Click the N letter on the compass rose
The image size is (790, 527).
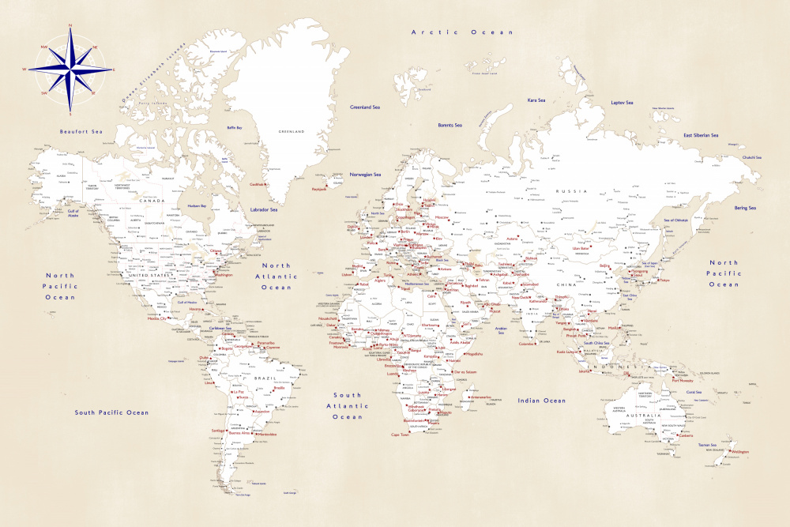(70, 26)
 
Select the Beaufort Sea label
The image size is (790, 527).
(82, 131)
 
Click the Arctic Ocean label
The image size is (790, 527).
(462, 32)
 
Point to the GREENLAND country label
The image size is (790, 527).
(290, 132)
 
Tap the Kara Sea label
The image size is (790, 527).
(536, 100)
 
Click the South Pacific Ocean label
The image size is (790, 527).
(111, 412)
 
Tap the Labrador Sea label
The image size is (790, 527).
(264, 210)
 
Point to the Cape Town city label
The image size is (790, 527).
(401, 435)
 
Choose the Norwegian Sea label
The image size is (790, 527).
(366, 175)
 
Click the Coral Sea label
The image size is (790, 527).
(694, 392)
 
